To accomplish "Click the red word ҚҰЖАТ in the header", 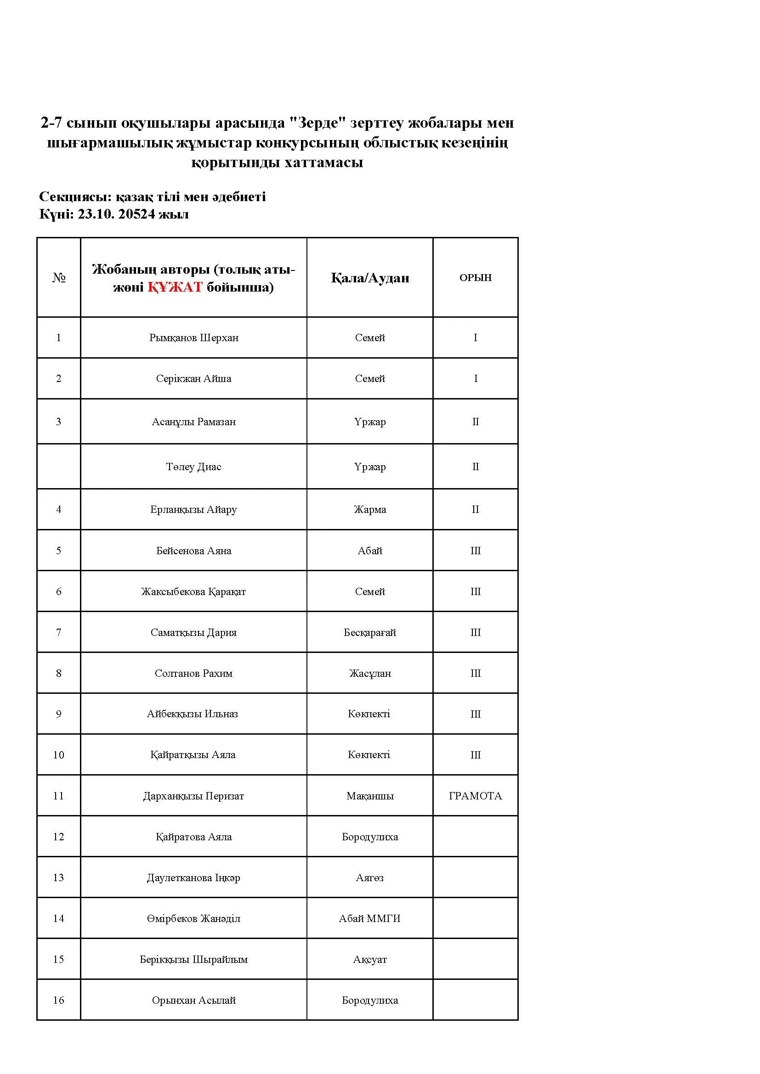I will [175, 287].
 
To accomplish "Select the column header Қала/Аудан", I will [370, 278].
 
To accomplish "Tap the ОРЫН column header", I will [475, 277].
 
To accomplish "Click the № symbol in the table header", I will [58, 278].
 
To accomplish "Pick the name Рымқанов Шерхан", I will [194, 338].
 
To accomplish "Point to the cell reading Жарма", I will [370, 509].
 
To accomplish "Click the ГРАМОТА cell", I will [475, 796].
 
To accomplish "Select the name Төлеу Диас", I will [193, 467].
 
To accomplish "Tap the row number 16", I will [58, 1000].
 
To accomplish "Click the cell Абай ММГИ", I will [370, 918].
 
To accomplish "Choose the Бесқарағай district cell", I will [370, 632].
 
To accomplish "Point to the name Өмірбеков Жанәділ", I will [193, 918].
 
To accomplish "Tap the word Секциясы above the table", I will [75, 197].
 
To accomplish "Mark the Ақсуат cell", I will [370, 959].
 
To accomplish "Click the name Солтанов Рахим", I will [193, 673].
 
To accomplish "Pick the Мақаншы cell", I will [370, 796].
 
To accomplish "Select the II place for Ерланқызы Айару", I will [475, 509].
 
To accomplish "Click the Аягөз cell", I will [370, 877].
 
